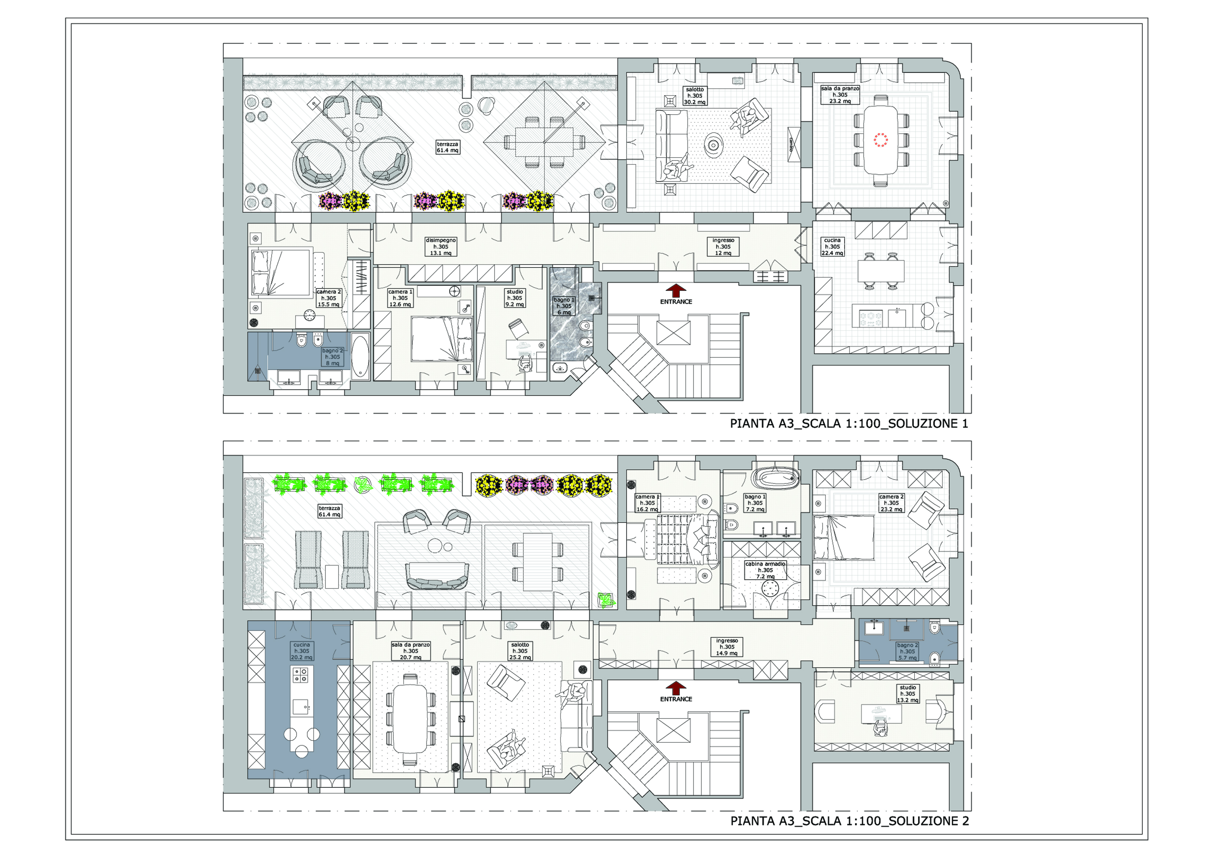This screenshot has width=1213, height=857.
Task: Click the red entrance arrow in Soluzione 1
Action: (676, 290)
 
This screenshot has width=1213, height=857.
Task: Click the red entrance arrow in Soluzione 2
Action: (676, 687)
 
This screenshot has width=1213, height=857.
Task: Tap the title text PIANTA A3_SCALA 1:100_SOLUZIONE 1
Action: (849, 424)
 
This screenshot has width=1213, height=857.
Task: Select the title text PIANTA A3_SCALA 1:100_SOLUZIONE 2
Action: (849, 821)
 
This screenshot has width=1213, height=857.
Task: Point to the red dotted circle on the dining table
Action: (880, 140)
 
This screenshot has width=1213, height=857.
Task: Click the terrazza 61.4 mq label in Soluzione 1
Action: (447, 147)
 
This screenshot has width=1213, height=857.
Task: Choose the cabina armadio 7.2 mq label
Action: (765, 570)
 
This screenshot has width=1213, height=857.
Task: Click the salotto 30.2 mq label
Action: (695, 96)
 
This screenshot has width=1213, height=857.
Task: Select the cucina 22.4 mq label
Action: (832, 247)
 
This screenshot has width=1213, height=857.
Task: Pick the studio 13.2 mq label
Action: (908, 694)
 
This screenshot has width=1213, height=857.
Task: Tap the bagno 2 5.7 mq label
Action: (907, 651)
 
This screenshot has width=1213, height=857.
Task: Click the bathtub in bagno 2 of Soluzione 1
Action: (360, 357)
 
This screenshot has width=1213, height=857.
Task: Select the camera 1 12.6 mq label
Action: (400, 298)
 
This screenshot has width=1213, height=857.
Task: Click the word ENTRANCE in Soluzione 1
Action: (676, 302)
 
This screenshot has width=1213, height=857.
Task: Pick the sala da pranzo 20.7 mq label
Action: (410, 651)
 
